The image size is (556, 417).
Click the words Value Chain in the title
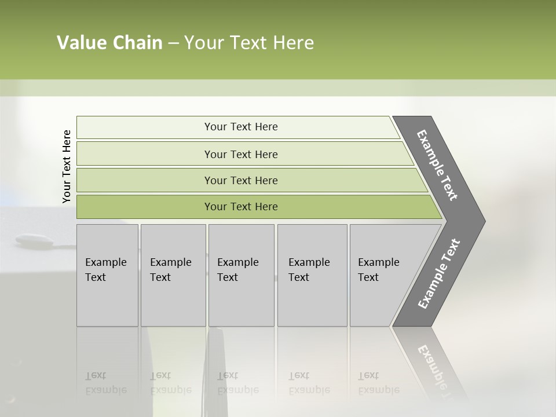click(109, 43)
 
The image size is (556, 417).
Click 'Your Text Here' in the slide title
click(249, 43)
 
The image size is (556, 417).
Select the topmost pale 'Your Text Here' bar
click(241, 127)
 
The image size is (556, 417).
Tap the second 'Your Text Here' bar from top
click(241, 154)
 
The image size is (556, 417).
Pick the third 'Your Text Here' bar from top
click(241, 180)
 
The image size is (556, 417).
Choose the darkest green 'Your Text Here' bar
click(241, 207)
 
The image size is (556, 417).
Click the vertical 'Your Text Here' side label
click(67, 166)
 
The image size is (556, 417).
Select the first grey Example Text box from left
click(107, 275)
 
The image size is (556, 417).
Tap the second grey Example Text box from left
click(173, 275)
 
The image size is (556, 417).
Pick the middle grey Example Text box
click(241, 275)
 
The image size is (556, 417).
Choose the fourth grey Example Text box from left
click(312, 275)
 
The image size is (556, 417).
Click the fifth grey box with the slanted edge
click(382, 275)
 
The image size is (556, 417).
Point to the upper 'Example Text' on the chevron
click(437, 165)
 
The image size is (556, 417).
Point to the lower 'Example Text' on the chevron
click(438, 274)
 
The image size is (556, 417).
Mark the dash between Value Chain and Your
click(173, 43)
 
